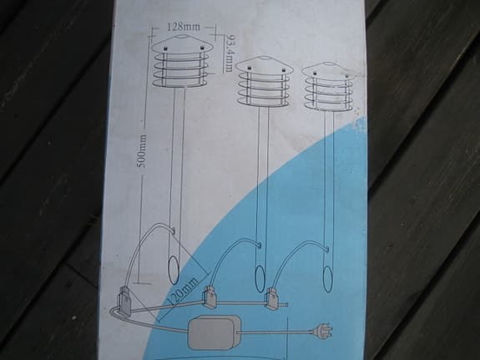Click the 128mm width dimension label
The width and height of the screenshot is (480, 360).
[x=183, y=27]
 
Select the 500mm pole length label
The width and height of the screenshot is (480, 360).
[x=142, y=152]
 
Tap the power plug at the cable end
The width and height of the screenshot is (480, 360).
[x=321, y=332]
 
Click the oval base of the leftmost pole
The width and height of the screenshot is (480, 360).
[x=174, y=270]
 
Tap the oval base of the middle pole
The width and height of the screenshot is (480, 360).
[x=260, y=279]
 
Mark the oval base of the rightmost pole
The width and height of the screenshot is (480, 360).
[x=328, y=279]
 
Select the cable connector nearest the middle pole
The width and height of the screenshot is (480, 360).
[x=209, y=297]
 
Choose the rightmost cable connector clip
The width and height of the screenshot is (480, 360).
[x=272, y=298]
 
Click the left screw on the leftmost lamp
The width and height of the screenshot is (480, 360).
[x=165, y=48]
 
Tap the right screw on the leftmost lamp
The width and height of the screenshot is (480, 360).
[x=202, y=48]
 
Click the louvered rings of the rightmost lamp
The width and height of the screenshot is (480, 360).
[x=328, y=94]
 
